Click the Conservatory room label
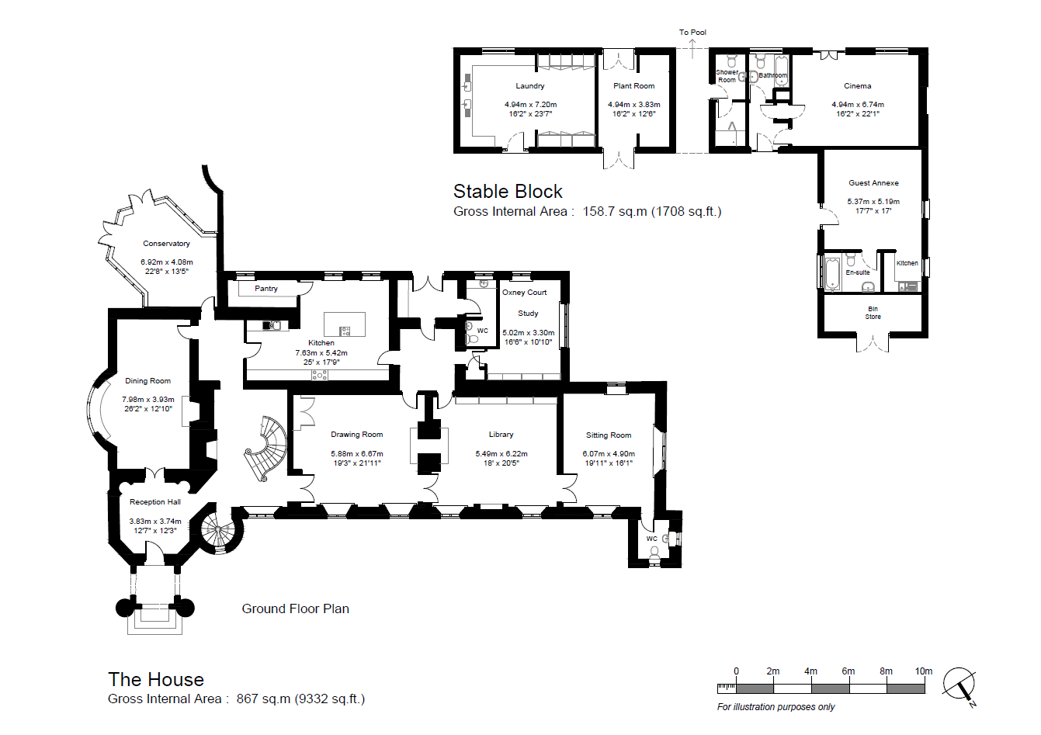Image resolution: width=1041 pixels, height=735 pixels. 166,244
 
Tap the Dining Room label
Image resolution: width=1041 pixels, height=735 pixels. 147,381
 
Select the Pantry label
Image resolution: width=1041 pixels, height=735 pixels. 265,289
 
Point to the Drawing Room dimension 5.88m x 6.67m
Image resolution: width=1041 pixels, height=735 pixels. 357,453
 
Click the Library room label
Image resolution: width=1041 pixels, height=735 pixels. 501,435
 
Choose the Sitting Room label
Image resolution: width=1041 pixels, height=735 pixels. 609,435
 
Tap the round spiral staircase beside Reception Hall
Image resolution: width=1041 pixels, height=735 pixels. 218,530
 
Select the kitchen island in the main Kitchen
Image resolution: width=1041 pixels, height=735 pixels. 345,324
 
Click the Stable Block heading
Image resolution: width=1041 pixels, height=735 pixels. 508,192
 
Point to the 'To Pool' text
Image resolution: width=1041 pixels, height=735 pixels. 692,32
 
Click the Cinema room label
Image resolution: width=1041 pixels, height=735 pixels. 858,86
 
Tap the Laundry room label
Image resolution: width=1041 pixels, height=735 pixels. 529,86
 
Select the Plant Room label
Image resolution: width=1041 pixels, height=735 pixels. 634,86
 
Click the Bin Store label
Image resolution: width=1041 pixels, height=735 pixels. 873,313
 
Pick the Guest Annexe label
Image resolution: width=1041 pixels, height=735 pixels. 873,183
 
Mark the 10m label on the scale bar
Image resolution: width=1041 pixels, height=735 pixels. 924,671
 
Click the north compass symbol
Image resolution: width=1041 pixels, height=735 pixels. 959,685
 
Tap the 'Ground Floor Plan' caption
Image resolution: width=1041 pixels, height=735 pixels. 295,608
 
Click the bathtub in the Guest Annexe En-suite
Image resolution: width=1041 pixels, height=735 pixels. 833,273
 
